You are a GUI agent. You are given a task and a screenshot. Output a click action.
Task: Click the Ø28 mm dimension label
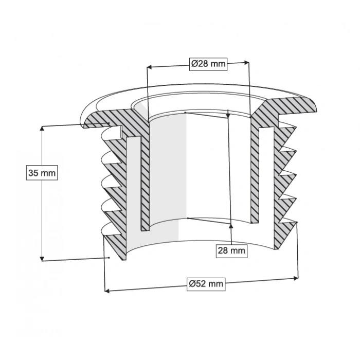(208, 64)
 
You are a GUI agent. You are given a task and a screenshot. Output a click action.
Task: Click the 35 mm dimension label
(41, 173)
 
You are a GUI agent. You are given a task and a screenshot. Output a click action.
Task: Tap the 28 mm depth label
(231, 250)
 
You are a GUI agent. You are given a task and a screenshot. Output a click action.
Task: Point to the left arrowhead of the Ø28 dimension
(149, 66)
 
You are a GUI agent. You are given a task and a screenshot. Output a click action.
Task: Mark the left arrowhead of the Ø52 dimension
(107, 291)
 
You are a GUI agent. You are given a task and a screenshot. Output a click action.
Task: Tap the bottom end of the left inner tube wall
(146, 228)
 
